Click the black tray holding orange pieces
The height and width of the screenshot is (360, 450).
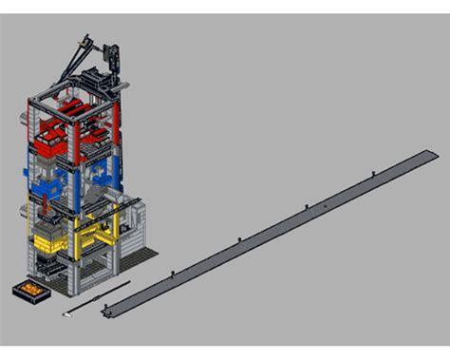tap(29, 289)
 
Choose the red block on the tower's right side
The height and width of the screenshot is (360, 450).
tap(98, 139)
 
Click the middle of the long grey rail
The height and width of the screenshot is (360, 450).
tap(271, 232)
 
